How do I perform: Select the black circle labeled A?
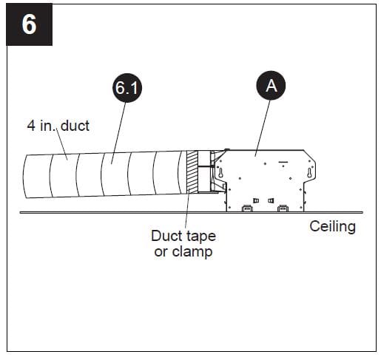pyautogui.click(x=271, y=86)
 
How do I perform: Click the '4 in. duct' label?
pyautogui.click(x=58, y=126)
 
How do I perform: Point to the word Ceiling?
pyautogui.click(x=332, y=227)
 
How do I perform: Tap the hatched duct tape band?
pyautogui.click(x=194, y=172)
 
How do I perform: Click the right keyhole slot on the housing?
pyautogui.click(x=310, y=173)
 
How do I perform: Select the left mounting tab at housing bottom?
pyautogui.click(x=246, y=208)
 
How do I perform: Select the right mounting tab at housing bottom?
pyautogui.click(x=283, y=208)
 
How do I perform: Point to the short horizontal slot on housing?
pyautogui.click(x=282, y=160)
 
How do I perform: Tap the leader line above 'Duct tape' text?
pyautogui.click(x=186, y=214)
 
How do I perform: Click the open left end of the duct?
pyautogui.click(x=25, y=177)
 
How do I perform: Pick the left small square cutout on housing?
pyautogui.click(x=256, y=200)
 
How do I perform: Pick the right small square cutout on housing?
pyautogui.click(x=271, y=200)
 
